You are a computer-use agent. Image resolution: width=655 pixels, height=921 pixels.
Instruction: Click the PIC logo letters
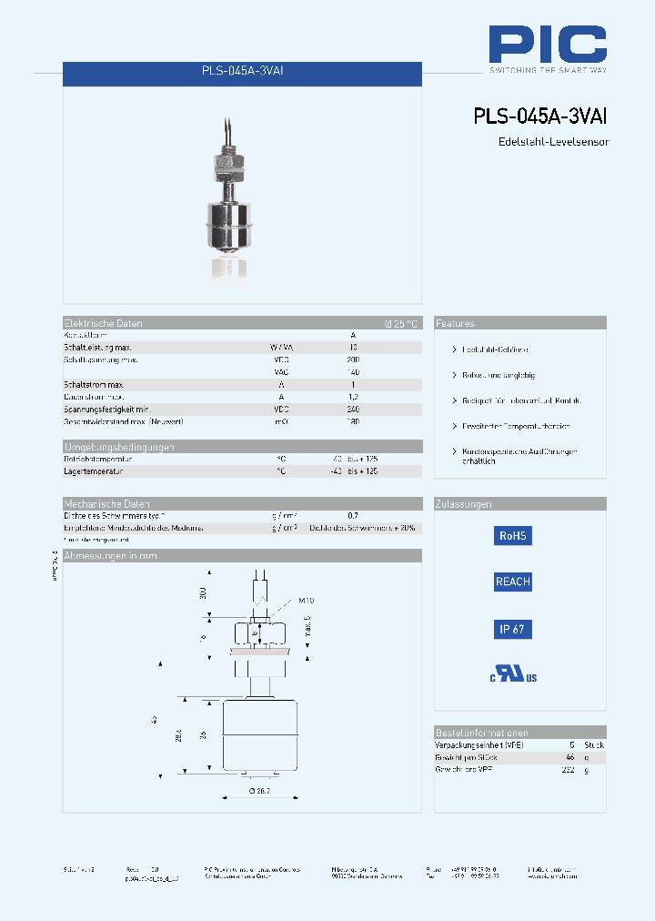548,44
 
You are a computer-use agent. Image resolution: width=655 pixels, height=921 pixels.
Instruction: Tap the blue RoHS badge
512,536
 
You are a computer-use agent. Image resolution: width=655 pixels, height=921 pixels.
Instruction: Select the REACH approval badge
512,582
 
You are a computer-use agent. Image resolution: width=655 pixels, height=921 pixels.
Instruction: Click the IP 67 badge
512,629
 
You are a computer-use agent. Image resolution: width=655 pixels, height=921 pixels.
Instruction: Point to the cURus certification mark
514,674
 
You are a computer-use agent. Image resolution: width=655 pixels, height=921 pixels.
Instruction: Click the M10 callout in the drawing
307,601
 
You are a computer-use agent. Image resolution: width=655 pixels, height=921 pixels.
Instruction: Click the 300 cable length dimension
203,592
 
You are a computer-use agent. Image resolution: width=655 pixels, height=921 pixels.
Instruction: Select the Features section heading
455,323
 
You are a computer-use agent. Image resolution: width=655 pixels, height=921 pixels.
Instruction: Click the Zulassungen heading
464,504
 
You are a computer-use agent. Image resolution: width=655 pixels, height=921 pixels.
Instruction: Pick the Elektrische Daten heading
103,323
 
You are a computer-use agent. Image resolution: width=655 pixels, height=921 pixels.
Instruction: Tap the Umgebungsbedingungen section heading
118,447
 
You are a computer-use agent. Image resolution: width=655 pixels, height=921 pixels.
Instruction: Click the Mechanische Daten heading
106,504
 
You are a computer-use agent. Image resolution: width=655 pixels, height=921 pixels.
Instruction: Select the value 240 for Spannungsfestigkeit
353,410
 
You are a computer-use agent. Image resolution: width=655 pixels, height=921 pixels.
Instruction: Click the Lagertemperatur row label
93,471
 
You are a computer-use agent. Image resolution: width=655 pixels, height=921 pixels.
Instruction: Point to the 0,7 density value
353,516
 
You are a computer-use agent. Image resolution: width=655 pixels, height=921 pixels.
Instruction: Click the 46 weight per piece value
570,757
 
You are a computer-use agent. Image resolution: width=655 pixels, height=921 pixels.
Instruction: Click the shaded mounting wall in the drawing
263,652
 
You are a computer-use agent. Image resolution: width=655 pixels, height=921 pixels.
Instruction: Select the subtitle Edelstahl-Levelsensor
553,142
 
